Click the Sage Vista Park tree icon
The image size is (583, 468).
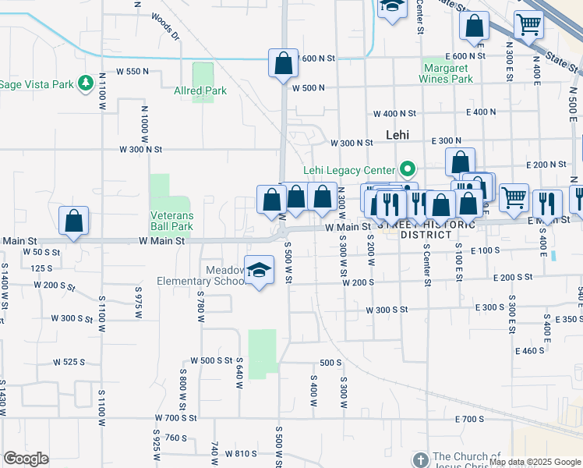coord(85,84)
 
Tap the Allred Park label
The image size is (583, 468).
coord(200,90)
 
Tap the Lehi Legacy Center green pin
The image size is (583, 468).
coord(406,169)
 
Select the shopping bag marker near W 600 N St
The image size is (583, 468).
coord(283,63)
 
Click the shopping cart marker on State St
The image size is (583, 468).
coord(528,25)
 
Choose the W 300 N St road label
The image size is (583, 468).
coord(141,148)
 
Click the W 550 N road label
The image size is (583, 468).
coord(132,71)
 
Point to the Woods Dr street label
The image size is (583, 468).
coord(166,26)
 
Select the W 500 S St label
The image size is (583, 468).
coord(211,361)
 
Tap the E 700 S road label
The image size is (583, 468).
coord(470,420)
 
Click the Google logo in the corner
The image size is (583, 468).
coord(26,458)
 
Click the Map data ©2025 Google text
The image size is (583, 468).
coord(534,462)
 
